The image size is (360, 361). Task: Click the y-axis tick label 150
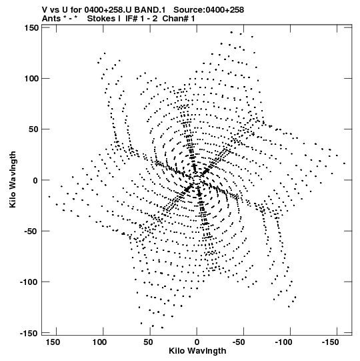[x=31, y=28]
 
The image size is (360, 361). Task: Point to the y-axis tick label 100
[x=31, y=79]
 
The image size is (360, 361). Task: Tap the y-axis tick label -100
[x=29, y=282]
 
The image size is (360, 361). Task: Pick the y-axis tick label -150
[x=29, y=333]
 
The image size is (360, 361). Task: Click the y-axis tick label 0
[x=35, y=180]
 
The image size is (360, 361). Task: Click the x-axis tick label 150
[x=53, y=342]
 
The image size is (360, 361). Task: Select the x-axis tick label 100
[x=100, y=342]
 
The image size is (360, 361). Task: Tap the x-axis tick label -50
[x=239, y=342]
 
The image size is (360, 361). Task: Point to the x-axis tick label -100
[x=283, y=342]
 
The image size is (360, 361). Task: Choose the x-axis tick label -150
[x=330, y=342]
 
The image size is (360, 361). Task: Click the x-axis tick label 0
[x=197, y=342]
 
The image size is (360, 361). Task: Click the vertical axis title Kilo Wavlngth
[x=13, y=179]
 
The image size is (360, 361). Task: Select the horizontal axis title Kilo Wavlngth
[x=197, y=351]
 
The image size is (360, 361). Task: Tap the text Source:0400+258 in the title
[x=209, y=9]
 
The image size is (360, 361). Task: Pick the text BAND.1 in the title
[x=150, y=9]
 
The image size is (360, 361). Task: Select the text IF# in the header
[x=132, y=19]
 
